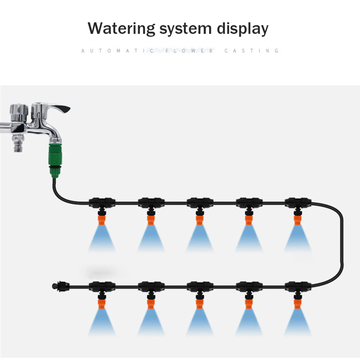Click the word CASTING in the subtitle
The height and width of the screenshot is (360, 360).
(x=251, y=51)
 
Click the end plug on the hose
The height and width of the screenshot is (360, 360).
(x=55, y=287)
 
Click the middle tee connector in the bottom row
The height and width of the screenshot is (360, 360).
(x=200, y=287)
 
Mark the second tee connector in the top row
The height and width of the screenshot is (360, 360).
(x=151, y=202)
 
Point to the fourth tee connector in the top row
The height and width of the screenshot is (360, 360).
(x=249, y=202)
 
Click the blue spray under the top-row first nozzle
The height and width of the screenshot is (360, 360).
(x=102, y=239)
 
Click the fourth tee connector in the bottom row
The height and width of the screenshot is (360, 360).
(x=249, y=287)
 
